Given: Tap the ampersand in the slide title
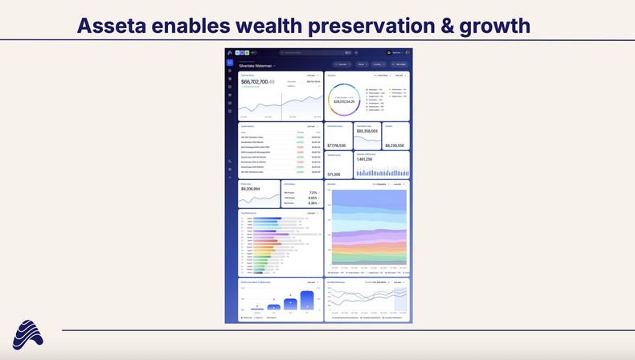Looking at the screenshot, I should click(444, 26).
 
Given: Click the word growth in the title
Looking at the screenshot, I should click(495, 26).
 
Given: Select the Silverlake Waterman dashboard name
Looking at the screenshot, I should click(256, 65).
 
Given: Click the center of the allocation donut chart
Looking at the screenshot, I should click(344, 100).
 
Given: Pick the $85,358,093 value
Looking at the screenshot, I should click(367, 131).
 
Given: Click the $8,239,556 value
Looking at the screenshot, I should click(394, 145).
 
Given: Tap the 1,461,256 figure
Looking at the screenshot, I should click(364, 159).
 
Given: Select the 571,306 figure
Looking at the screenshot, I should click(334, 174).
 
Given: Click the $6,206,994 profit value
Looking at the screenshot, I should click(251, 190).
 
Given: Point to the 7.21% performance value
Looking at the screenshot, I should click(312, 193).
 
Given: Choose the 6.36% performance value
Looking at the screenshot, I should click(312, 203).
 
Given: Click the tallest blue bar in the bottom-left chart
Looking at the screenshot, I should click(307, 301).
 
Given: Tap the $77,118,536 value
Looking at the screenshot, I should click(336, 145).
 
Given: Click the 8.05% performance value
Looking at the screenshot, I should click(312, 198).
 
